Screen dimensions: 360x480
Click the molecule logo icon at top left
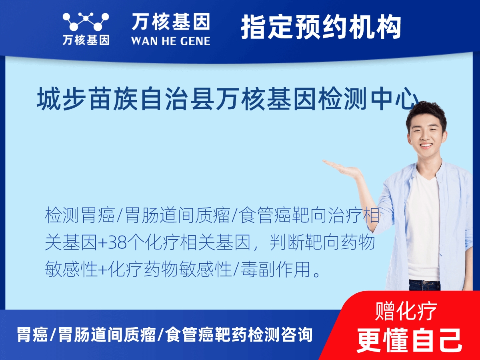[86, 22]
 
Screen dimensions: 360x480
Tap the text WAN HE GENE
[170, 40]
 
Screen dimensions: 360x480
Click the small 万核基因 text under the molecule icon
[86, 40]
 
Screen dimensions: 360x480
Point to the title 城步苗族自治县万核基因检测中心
[228, 100]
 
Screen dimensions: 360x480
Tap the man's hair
[426, 112]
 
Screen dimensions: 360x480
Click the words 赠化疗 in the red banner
[406, 311]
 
